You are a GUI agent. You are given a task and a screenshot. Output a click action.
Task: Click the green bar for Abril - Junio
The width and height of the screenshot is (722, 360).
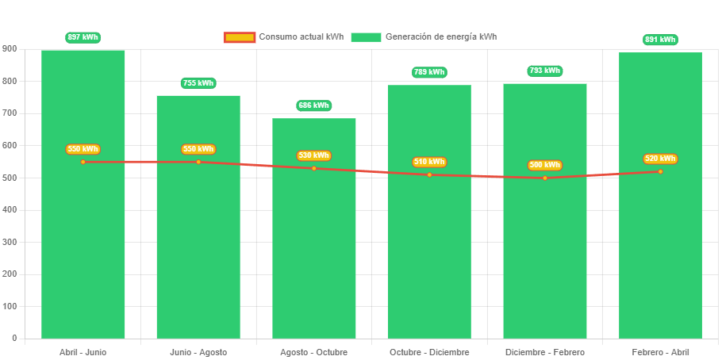(x=83, y=238)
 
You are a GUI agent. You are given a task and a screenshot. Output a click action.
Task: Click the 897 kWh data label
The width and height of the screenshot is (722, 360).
(x=83, y=37)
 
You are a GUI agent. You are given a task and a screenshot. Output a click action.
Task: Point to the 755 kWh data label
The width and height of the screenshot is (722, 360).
(x=198, y=83)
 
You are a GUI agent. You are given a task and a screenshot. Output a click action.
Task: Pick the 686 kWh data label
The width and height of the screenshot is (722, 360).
(x=314, y=105)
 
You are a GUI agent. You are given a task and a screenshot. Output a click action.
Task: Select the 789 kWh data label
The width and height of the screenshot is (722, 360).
(x=429, y=72)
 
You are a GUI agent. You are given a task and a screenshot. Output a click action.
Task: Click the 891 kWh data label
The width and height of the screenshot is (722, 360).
(x=660, y=40)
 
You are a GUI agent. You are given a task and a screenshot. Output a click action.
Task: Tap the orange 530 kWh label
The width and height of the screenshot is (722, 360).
(x=314, y=155)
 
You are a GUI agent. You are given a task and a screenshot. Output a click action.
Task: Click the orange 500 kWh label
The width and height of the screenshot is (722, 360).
(x=544, y=165)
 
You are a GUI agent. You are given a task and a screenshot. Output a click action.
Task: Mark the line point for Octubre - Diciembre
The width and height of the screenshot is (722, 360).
(x=429, y=174)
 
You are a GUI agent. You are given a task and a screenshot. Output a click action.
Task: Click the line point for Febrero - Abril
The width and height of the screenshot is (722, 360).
(x=660, y=171)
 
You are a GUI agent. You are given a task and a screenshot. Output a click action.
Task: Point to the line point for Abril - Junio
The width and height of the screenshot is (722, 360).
(x=83, y=162)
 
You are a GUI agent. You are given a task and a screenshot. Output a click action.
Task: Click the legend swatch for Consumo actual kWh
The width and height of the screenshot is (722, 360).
(x=240, y=37)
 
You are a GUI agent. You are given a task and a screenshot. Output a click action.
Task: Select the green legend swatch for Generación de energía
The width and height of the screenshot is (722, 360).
(x=366, y=37)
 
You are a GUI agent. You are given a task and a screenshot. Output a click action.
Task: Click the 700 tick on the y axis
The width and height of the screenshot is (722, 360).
(x=10, y=113)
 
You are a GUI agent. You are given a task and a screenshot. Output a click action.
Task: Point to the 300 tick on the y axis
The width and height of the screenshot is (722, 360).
(x=10, y=242)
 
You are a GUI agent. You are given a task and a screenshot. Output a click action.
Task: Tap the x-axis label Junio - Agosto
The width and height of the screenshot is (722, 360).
(x=198, y=352)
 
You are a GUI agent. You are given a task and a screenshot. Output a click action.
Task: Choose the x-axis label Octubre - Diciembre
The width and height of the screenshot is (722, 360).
(x=429, y=352)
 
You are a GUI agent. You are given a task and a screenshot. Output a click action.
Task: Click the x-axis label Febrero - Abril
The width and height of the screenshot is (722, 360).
(x=660, y=352)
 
